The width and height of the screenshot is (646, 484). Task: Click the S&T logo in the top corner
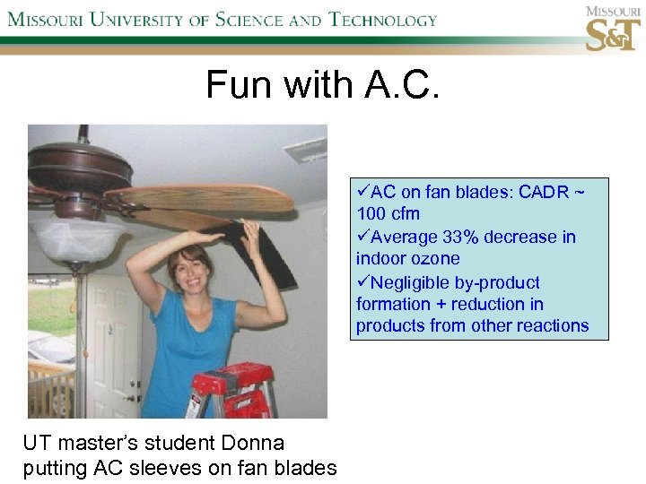pyautogui.click(x=613, y=29)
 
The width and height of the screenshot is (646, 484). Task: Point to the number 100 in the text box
pyautogui.click(x=371, y=214)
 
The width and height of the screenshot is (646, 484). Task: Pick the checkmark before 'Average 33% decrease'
pyautogui.click(x=362, y=238)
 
